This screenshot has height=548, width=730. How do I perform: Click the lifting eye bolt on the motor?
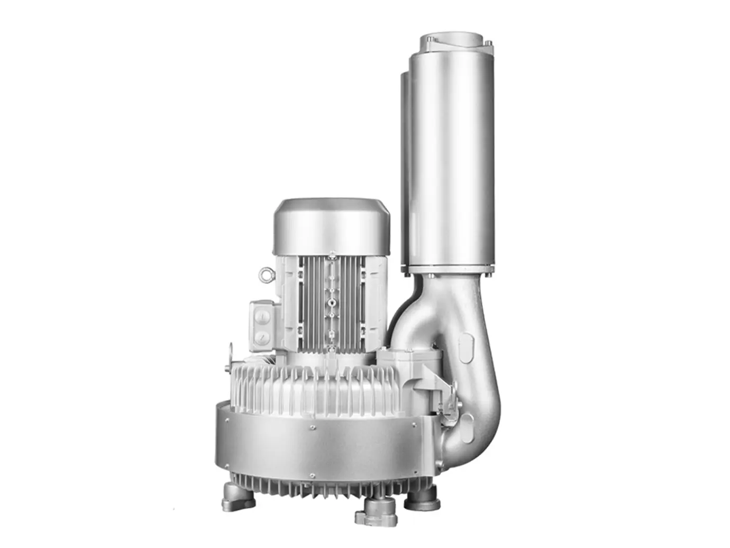coord(265,274)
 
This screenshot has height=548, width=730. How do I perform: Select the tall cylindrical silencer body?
coord(450,159)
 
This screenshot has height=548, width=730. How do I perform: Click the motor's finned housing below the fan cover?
coord(331,302)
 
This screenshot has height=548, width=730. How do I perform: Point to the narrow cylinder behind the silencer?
coord(405,159)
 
